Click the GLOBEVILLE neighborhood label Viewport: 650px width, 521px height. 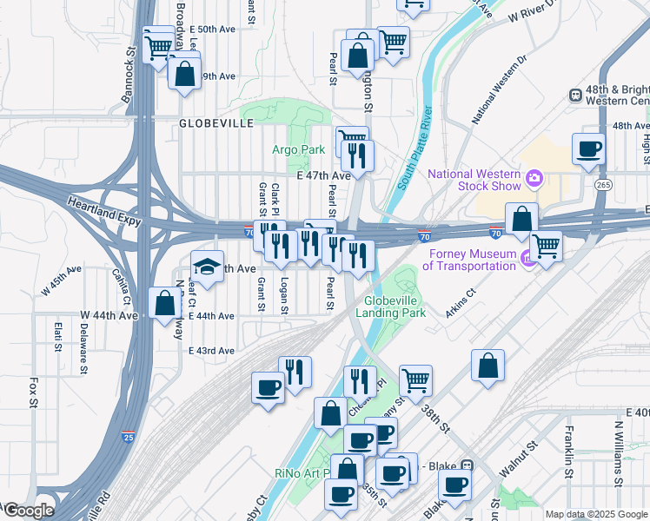tap(216, 123)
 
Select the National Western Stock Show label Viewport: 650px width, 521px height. tap(474, 180)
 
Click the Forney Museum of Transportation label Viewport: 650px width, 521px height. tap(472, 260)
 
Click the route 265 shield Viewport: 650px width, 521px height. tap(601, 185)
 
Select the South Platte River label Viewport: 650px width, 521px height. tap(415, 150)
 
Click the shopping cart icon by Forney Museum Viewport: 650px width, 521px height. tap(547, 245)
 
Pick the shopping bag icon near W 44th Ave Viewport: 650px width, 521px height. tap(165, 303)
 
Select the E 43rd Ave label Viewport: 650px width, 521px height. tap(212, 351)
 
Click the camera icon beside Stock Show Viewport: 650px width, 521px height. tap(533, 180)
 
